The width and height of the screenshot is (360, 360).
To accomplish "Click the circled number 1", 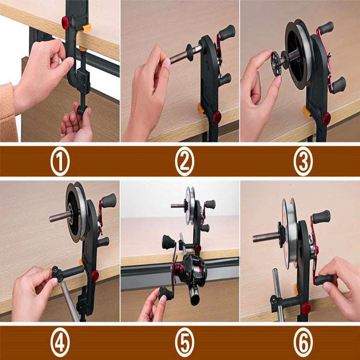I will pos(60,162).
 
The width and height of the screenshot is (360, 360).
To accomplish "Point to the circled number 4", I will pos(60,342).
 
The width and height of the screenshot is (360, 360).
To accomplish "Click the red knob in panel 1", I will pos(65,22).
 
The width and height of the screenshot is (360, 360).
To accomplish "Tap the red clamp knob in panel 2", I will pos(217,116).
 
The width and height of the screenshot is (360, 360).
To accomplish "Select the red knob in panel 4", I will pos(95,275).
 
